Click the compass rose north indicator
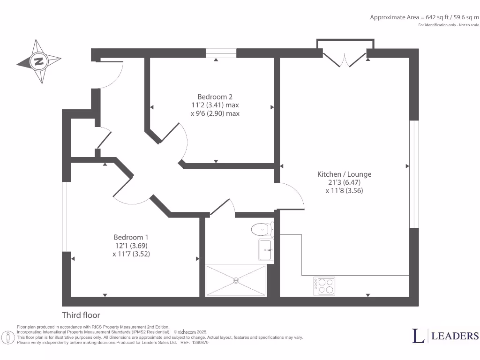pos(39,61)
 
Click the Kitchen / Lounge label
pos(344,174)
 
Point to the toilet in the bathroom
pos(262,229)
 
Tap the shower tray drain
pos(236,281)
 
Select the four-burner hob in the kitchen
pos(324,285)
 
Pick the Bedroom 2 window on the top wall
pos(221,53)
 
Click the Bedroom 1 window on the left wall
pos(66,216)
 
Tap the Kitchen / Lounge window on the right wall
pos(414,174)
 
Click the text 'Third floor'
pos(81,315)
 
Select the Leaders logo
pos(445,335)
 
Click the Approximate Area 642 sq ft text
pos(424,17)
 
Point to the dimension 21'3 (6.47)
pos(344,182)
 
